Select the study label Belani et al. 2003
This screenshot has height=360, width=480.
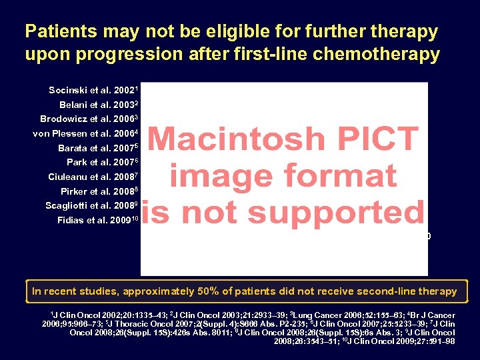(97, 105)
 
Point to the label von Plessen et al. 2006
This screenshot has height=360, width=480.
(85, 134)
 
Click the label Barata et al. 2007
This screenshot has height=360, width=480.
(97, 148)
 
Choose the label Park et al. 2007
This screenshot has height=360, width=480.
(102, 163)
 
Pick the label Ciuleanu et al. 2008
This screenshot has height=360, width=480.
(93, 177)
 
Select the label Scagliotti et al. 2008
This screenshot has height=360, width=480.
(91, 206)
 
